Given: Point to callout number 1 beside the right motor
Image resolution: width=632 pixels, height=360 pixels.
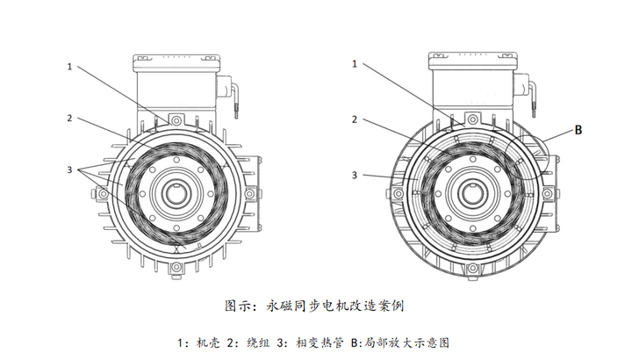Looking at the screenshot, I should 355,64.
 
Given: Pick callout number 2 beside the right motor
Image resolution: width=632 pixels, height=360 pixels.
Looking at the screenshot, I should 355,119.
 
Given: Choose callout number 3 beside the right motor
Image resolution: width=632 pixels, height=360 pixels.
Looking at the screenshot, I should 355,175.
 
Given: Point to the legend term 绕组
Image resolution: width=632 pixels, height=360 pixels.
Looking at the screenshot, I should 251,341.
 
